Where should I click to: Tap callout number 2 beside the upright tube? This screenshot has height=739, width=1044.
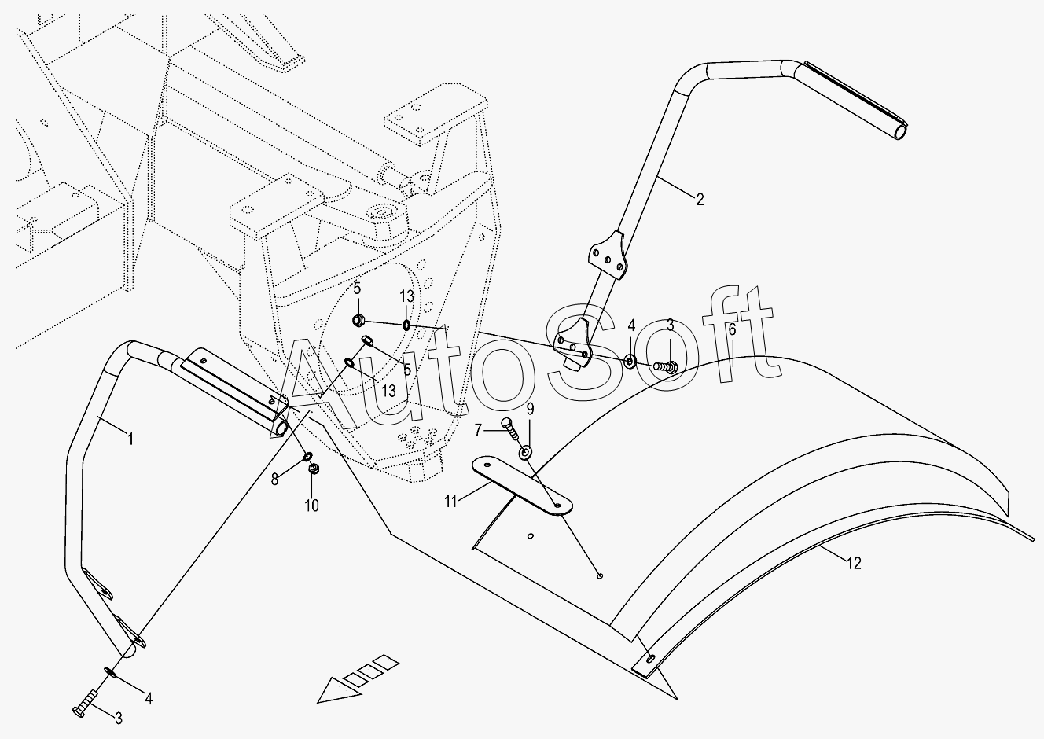click(700, 198)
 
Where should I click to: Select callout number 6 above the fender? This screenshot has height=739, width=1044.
click(732, 330)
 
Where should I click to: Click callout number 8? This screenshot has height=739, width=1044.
click(274, 478)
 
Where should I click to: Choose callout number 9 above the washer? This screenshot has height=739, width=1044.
click(530, 409)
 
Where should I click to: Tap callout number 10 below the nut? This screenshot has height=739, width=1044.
click(312, 506)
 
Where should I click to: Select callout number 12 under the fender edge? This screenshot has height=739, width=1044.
click(855, 563)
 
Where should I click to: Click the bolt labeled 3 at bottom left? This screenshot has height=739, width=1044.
click(84, 703)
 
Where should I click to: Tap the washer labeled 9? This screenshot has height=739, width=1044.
click(526, 453)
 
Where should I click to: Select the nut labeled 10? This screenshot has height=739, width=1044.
click(313, 469)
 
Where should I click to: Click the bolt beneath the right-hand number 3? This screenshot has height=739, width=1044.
click(667, 365)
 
